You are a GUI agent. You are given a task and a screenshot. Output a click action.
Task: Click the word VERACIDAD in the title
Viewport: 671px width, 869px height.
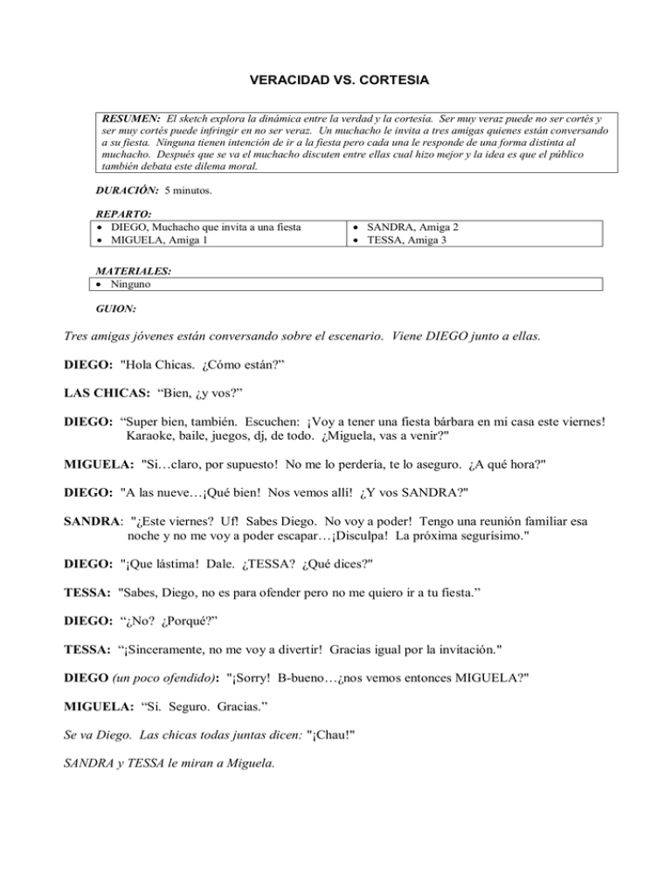(287, 80)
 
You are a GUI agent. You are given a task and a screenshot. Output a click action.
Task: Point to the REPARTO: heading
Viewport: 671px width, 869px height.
(121, 214)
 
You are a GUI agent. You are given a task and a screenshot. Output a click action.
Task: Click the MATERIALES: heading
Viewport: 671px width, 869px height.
(133, 272)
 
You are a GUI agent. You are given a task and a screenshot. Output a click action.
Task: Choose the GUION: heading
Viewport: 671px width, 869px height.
(116, 308)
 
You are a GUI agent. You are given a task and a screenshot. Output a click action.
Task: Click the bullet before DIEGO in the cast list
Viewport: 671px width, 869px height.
(100, 226)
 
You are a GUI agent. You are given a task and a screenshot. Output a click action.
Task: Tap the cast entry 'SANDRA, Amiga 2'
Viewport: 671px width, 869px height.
(412, 226)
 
